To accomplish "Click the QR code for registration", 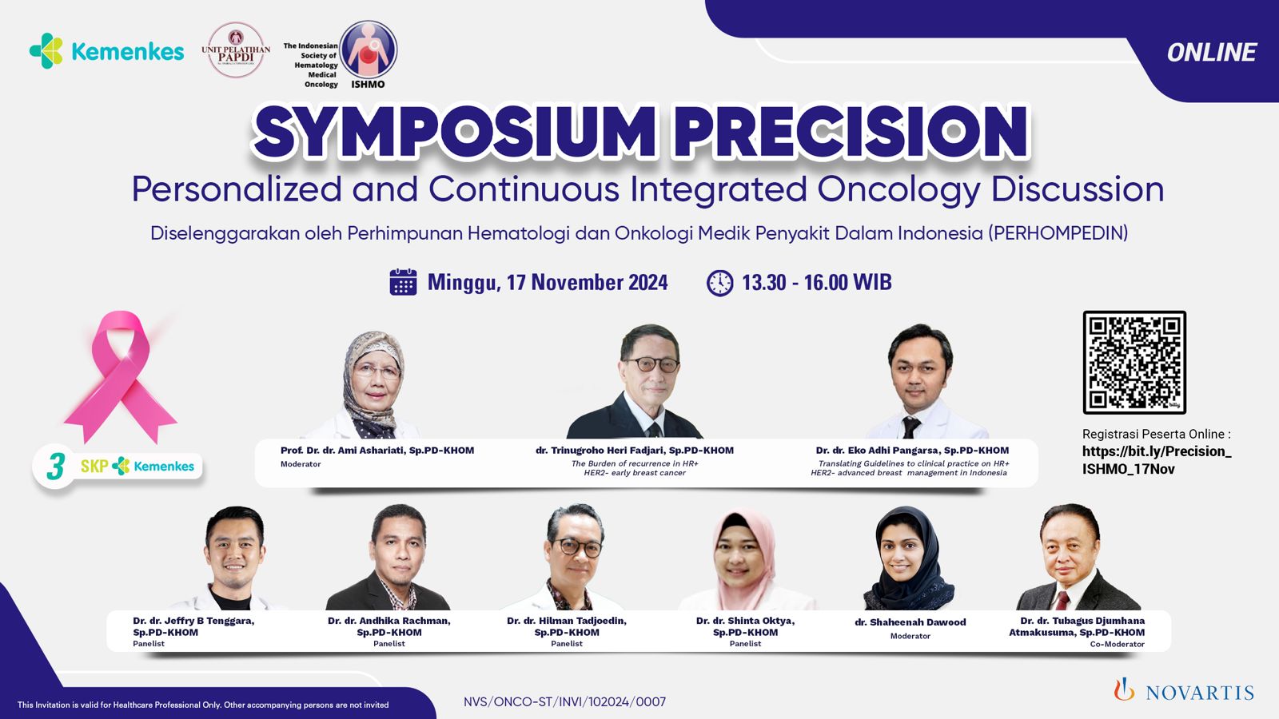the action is pos(1134,363).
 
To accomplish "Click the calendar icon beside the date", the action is pos(403,282).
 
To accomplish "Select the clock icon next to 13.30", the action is pos(720,283).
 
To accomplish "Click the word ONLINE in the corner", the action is pos(1212,53).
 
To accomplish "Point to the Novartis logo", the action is pos(1184,690).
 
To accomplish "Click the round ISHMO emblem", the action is pos(369,50).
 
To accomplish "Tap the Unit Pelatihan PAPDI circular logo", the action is pos(236,50).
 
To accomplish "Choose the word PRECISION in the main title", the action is pos(852,131).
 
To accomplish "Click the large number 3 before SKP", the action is pos(55,467).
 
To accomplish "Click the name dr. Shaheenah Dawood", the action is pos(910,622).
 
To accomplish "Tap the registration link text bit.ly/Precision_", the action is pos(1157,451).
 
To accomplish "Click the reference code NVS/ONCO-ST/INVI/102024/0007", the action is pos(564,702).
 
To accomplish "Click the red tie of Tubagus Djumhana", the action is pos(1062,600).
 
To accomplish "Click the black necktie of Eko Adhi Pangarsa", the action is pos(910,427).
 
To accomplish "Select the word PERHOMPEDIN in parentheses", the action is pos(1058,232).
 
